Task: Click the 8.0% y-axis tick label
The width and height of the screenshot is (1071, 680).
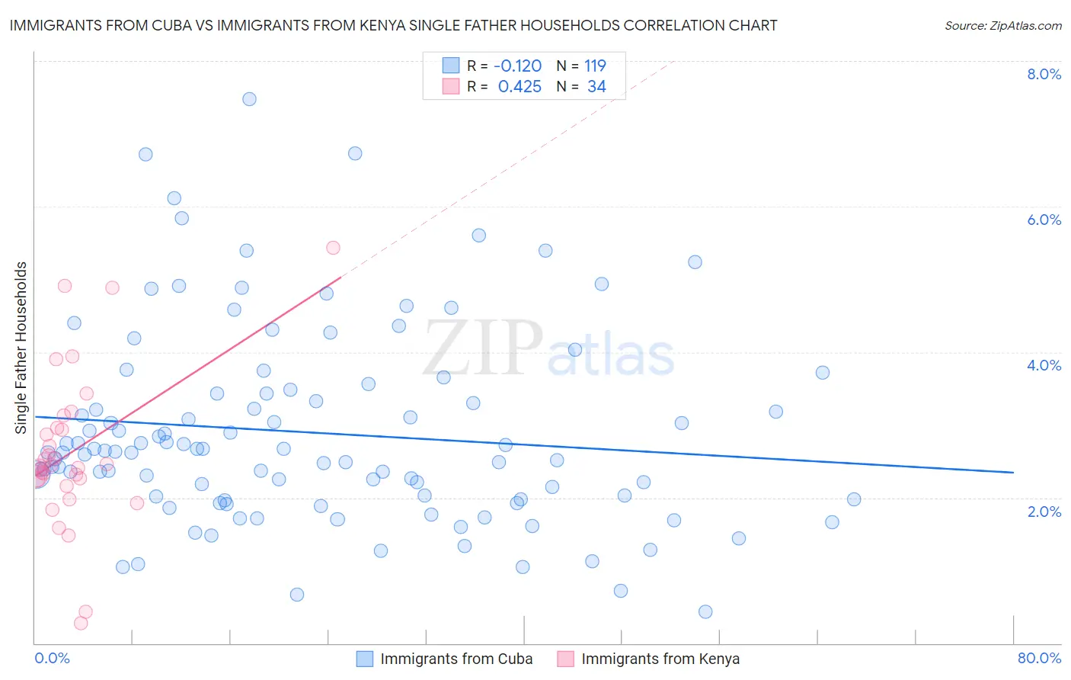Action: point(1044,74)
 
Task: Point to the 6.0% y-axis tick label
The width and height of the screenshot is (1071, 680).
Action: point(1044,220)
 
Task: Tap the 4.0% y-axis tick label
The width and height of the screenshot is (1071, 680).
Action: point(1044,365)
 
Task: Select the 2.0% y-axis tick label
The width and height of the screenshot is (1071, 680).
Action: point(1044,511)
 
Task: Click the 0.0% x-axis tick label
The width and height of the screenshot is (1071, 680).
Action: point(52,658)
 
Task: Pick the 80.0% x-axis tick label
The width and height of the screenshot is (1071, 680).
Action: point(1039,658)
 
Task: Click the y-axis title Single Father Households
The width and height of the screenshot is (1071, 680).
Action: point(21,348)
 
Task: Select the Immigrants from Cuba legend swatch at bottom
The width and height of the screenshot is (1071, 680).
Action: point(365,659)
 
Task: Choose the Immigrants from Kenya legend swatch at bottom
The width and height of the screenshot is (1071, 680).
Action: point(565,659)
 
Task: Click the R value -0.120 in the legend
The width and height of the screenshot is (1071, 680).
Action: point(518,66)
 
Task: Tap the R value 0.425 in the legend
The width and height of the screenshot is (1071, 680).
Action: point(520,87)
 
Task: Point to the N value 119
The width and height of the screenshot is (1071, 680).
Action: point(595,66)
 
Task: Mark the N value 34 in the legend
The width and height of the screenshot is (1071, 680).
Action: point(596,87)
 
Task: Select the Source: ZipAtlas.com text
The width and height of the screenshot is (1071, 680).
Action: point(1002,26)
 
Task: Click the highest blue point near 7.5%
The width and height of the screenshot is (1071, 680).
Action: point(249,99)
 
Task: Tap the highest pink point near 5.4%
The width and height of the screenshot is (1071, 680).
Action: point(333,248)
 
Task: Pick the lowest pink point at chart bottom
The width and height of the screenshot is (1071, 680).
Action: point(81,623)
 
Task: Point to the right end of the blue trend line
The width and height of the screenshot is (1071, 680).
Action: point(1013,473)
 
